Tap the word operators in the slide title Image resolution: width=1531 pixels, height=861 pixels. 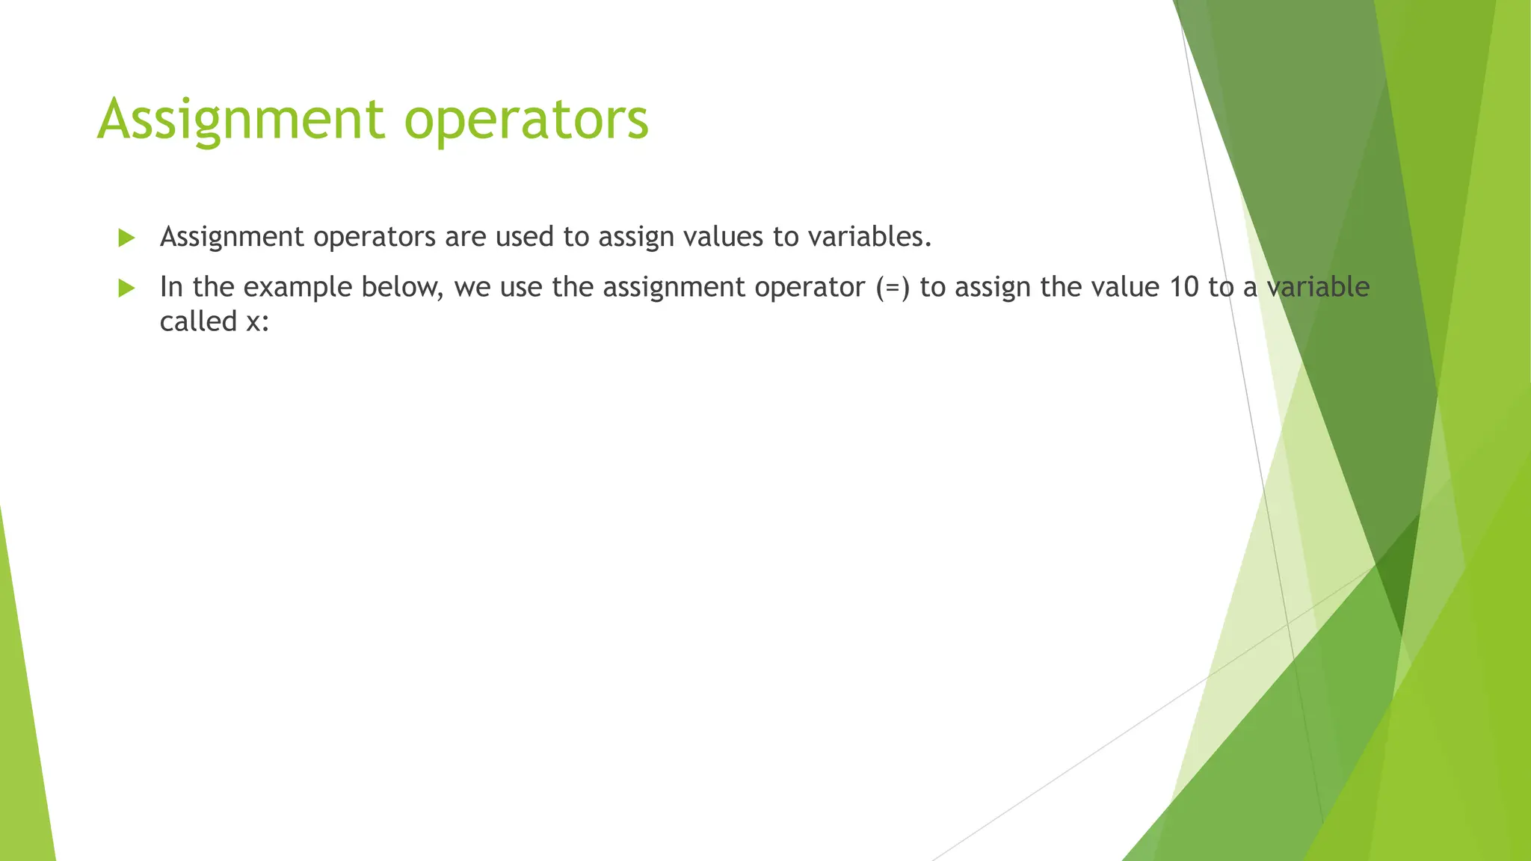click(x=526, y=121)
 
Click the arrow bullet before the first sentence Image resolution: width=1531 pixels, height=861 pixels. click(x=126, y=238)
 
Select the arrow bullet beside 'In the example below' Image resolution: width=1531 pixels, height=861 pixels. click(x=126, y=288)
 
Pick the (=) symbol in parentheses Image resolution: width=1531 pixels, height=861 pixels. click(x=893, y=288)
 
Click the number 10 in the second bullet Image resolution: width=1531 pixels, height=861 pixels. click(x=1183, y=287)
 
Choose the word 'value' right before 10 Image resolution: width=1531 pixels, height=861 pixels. click(x=1125, y=287)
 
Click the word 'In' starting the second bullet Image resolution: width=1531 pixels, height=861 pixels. click(x=171, y=287)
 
